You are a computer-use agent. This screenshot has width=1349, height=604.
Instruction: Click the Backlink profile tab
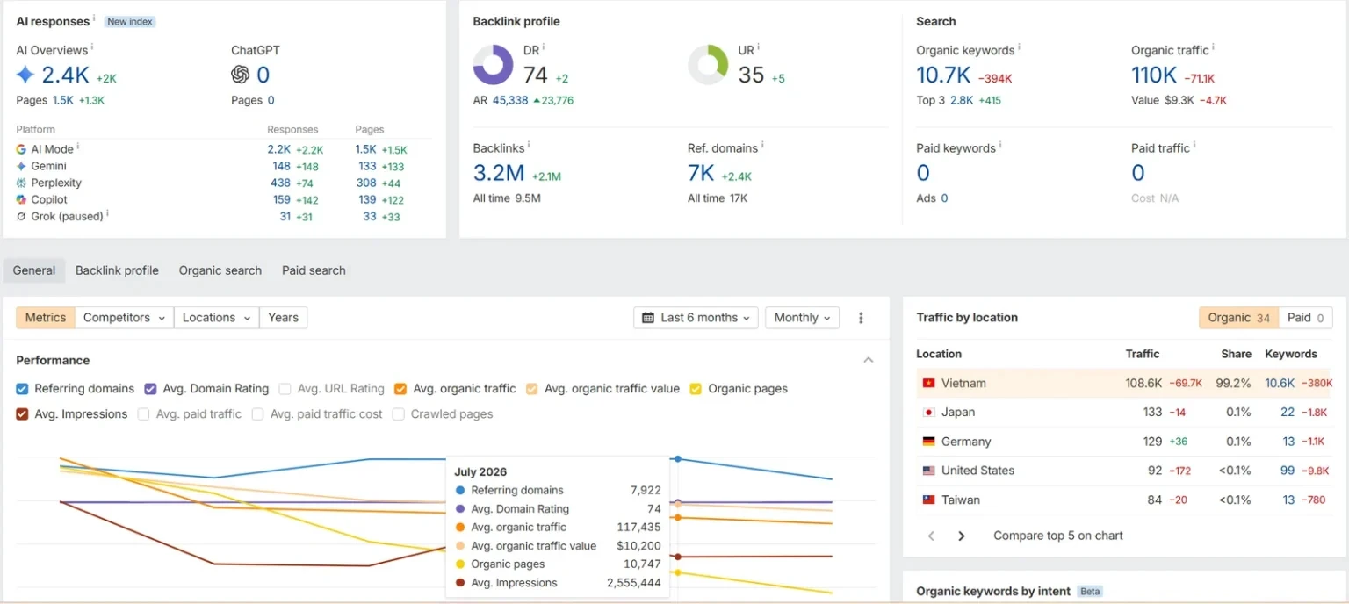117,270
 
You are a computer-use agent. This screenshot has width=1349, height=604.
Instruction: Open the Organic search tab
220,270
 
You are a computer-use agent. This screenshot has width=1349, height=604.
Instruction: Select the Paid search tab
314,270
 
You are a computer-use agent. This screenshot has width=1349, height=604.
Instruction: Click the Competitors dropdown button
124,317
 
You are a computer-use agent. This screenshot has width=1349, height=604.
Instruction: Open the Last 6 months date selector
696,317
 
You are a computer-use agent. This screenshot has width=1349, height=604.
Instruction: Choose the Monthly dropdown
802,317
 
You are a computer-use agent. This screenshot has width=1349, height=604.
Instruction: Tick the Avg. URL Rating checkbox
285,389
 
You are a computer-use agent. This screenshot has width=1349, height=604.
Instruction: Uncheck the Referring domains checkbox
22,389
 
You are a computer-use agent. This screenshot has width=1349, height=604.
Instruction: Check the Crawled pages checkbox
398,414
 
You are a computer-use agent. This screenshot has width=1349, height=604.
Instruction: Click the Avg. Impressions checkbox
22,414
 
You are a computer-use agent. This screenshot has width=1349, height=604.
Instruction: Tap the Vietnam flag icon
928,383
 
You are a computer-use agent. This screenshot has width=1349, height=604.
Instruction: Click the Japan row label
957,412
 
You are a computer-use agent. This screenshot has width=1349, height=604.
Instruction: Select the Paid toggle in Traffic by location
1305,317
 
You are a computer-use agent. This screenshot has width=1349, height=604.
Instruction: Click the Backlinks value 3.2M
499,173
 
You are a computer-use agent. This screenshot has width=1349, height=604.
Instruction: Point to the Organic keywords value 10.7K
943,75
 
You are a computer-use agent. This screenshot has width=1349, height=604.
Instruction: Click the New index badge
129,22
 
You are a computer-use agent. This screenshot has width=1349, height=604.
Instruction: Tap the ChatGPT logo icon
241,75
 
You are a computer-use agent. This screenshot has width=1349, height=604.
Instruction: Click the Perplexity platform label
56,183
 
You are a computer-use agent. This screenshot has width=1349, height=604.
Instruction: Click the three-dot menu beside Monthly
861,317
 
